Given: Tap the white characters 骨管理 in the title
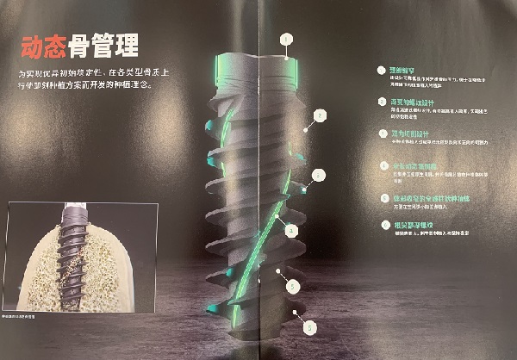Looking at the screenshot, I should coord(109,45).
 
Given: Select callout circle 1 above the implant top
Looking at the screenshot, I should coord(286,38).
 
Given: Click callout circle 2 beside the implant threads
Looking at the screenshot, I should coord(320,114).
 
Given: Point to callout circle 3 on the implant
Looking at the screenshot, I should coord(319,175).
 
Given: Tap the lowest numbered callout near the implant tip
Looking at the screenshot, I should coord(308,326).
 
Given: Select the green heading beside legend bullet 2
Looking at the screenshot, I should coord(410,101).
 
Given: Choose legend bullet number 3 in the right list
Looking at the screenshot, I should coord(383,133).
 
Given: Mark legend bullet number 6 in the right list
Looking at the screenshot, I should coord(383,226).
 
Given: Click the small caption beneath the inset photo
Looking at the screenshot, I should coord(27,318).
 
